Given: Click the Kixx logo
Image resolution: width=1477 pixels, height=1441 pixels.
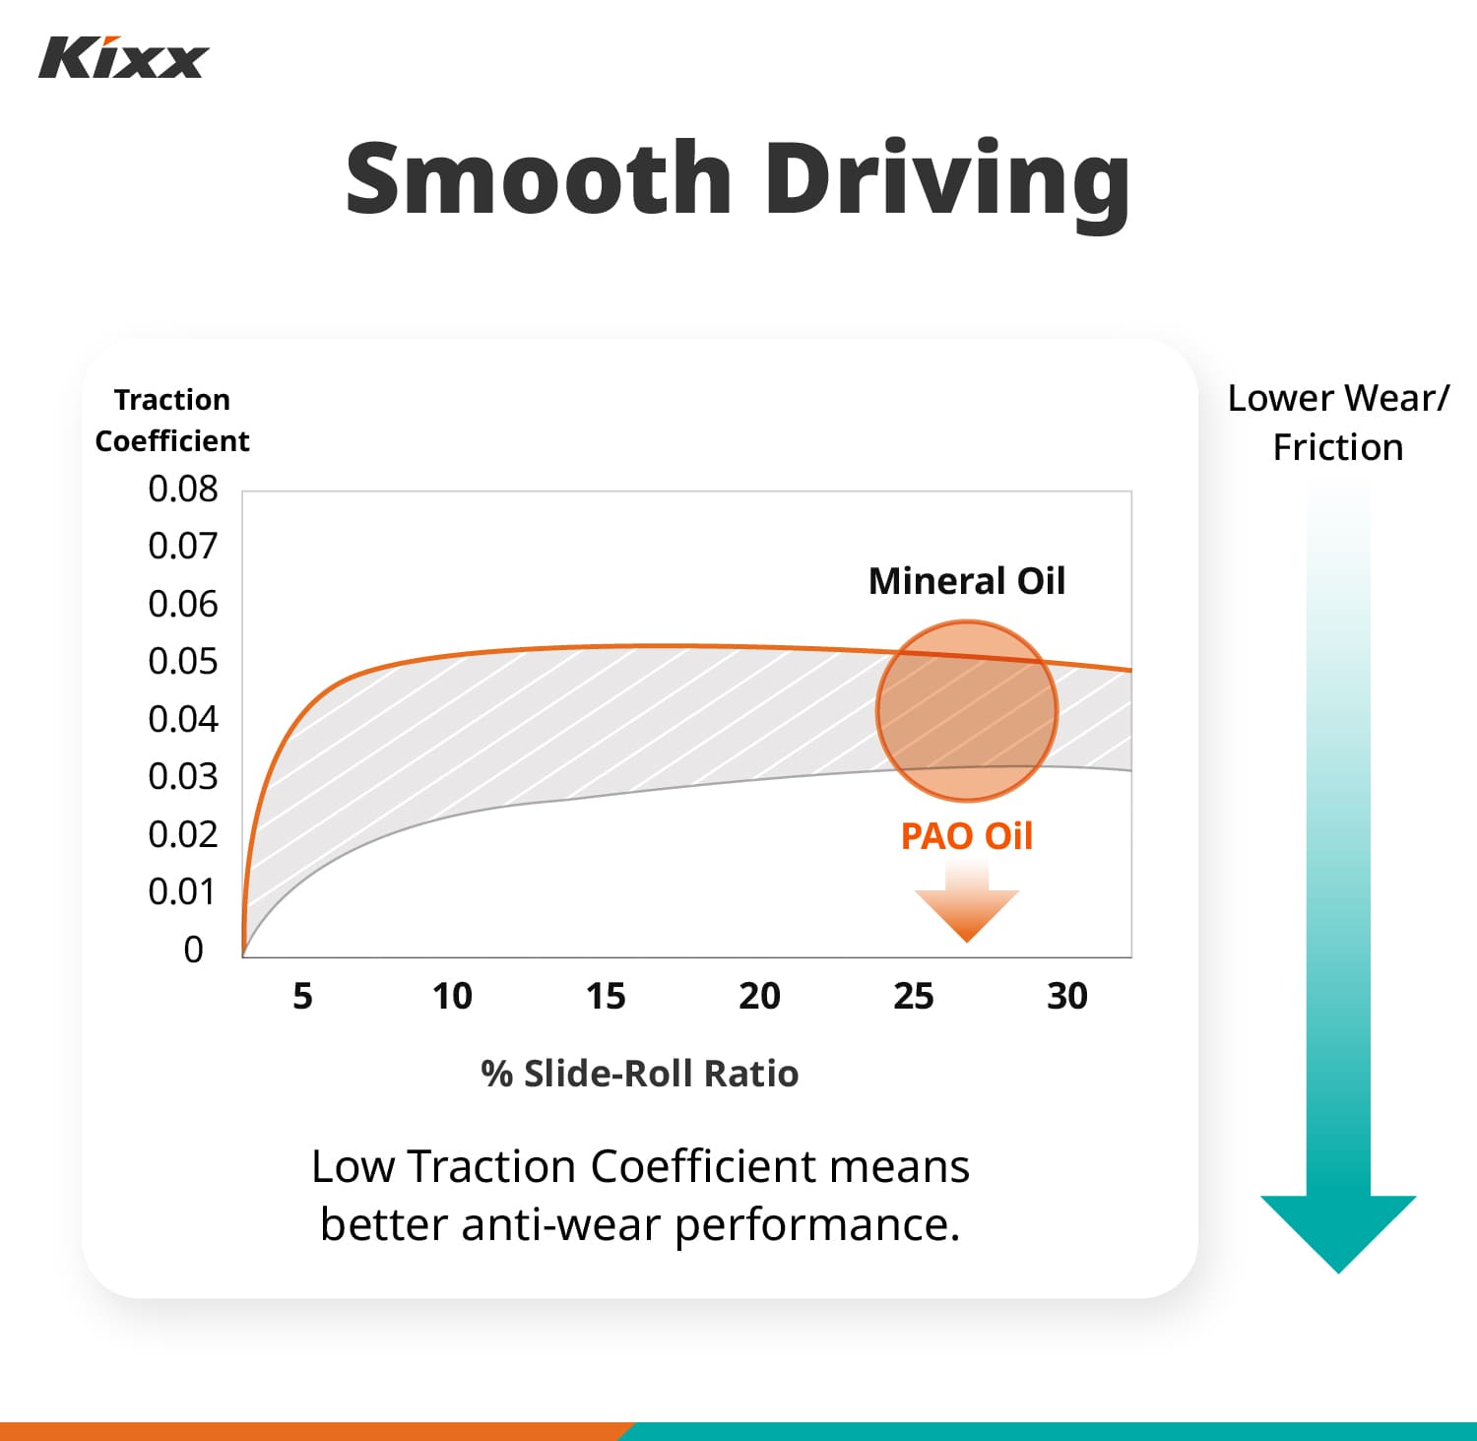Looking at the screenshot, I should (x=123, y=58).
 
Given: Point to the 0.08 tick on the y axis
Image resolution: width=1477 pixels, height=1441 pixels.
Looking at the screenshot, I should (x=182, y=489).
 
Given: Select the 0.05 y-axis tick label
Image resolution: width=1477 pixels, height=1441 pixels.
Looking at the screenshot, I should (x=182, y=661).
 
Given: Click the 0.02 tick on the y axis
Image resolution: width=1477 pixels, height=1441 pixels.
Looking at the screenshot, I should (x=182, y=834).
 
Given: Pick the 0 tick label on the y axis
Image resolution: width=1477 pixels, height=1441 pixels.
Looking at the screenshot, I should (x=193, y=950).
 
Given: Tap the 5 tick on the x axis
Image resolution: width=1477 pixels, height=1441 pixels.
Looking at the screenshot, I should (x=302, y=997).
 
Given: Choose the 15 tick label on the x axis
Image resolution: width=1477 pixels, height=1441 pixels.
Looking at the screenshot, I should (x=606, y=997).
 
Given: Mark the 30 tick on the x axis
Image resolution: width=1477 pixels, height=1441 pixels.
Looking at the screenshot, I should (x=1067, y=997).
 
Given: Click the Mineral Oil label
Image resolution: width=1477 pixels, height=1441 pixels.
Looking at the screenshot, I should (x=966, y=581).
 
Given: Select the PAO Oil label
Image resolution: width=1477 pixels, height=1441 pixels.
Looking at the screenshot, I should (x=966, y=836).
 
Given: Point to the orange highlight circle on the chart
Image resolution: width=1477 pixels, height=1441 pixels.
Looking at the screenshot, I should (x=966, y=710).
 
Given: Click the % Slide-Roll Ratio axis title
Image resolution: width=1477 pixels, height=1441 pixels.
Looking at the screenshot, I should (x=640, y=1074).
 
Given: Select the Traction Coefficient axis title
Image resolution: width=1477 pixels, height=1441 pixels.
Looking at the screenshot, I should (x=172, y=421).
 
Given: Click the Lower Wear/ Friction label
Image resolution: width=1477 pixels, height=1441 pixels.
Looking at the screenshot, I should (x=1338, y=423).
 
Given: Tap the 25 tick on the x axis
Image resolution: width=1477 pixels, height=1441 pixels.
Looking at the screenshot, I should (x=913, y=997).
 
